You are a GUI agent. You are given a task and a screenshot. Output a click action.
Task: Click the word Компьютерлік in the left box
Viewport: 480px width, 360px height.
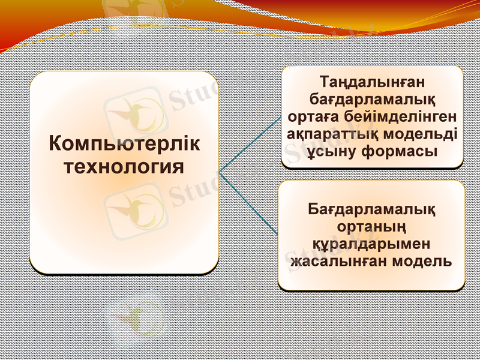tap(124, 145)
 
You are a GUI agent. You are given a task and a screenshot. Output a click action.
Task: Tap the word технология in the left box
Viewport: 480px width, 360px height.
tap(124, 166)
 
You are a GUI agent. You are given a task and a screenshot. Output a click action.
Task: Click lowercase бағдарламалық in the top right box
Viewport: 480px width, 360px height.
tap(372, 97)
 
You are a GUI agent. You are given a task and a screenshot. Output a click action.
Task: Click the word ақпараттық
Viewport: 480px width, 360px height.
tap(329, 133)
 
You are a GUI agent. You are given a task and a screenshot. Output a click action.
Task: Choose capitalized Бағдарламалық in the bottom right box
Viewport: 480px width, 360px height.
tap(371, 210)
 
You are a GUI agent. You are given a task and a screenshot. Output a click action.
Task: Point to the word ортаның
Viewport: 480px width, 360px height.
tap(371, 227)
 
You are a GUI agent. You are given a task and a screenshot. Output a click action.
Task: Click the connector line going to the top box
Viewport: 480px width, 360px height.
tap(249, 144)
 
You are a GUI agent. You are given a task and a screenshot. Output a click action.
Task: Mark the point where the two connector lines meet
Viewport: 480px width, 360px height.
tap(220, 173)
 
